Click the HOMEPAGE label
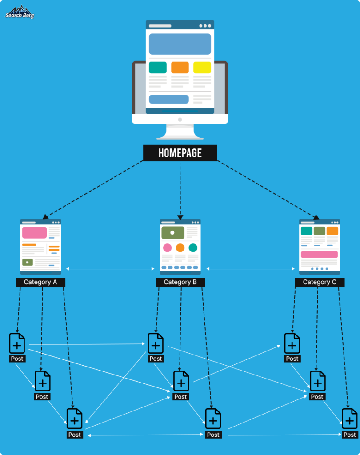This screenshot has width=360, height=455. click(180, 153)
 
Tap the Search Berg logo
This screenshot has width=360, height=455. click(20, 12)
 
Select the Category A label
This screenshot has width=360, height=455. click(40, 282)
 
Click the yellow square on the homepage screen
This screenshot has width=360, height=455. click(202, 68)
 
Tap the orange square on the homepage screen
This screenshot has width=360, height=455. click(180, 68)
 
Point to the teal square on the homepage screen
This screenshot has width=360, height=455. click(158, 68)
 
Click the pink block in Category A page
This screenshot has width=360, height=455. click(34, 232)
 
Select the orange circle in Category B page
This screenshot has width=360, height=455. click(180, 248)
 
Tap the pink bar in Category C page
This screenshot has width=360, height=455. click(319, 255)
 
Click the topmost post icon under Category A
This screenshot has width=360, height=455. click(17, 344)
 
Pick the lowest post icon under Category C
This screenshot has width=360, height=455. click(349, 419)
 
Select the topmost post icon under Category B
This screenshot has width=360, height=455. click(156, 344)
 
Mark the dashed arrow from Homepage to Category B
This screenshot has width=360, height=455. click(180, 189)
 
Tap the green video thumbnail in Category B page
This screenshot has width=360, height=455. click(172, 232)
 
